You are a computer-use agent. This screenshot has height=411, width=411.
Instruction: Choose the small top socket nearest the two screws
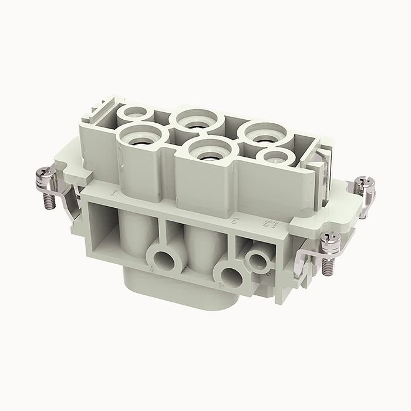coord(273,157)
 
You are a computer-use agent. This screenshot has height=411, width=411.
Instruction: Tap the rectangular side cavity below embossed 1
coord(106,226)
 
